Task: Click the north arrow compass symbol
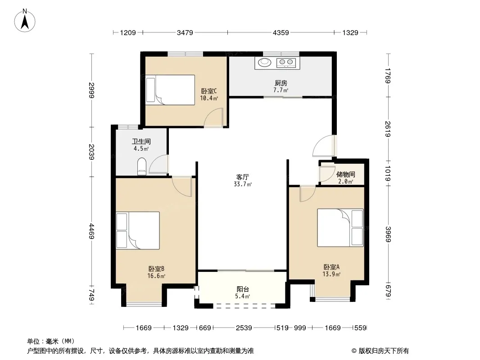pos(25,21)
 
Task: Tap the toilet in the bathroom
pos(142,166)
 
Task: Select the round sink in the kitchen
pos(264,63)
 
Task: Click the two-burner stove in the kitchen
pos(286,63)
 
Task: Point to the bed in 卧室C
pos(170,90)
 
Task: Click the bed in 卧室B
pos(138,230)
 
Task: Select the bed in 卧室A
pos(340,228)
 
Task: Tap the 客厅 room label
pos(242,177)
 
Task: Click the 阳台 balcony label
pos(243,289)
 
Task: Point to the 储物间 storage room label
pos(346,174)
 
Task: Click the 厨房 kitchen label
pos(281,83)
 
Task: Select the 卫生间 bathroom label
pos(141,142)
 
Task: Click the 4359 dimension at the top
pos(281,32)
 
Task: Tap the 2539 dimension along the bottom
pos(244,328)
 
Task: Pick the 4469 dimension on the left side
pos(92,231)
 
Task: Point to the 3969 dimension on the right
pos(388,234)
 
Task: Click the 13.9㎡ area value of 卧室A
pos(331,274)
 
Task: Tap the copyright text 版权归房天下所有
pos(384,351)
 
